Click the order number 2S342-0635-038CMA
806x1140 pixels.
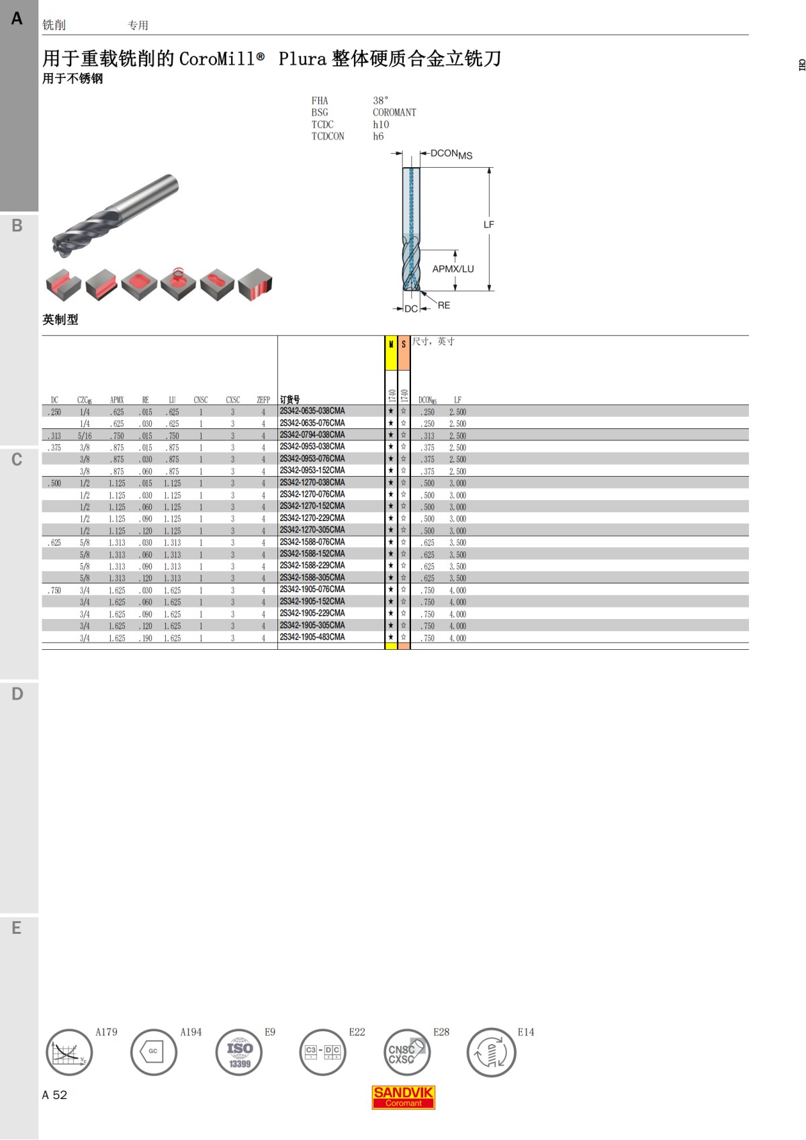point(312,411)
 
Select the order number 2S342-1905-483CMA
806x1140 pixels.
point(312,637)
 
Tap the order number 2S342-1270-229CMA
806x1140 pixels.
point(312,518)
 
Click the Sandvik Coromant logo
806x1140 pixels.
point(404,1097)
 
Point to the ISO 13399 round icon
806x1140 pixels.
point(239,1052)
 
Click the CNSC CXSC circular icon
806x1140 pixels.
point(406,1052)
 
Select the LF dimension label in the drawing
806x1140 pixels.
point(488,225)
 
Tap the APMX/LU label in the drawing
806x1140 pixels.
point(453,269)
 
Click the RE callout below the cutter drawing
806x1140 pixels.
point(444,305)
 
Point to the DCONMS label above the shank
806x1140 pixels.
point(451,154)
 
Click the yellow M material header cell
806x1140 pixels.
point(391,353)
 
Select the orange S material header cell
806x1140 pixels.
point(404,353)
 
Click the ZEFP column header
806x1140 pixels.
point(263,400)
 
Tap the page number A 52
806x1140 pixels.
point(54,1095)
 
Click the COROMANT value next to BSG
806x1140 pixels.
point(394,113)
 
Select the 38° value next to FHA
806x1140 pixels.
point(380,101)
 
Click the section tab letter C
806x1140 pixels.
point(17,460)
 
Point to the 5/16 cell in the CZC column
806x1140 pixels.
point(85,436)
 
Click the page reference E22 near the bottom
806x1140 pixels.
point(357,1032)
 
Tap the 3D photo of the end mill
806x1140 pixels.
point(114,215)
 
